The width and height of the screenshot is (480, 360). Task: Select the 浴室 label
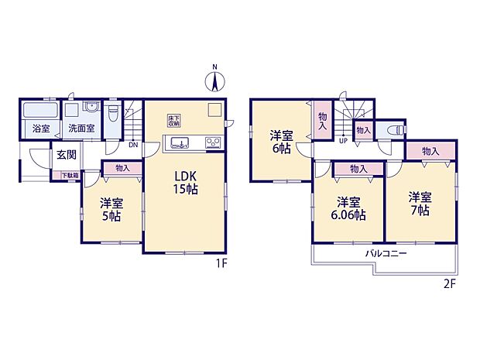click(x=40, y=129)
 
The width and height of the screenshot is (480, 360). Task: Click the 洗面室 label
click(x=80, y=129)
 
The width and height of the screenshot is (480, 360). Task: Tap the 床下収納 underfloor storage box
click(x=174, y=120)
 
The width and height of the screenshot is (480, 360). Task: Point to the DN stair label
click(x=132, y=144)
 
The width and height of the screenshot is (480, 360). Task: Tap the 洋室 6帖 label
click(x=281, y=142)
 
